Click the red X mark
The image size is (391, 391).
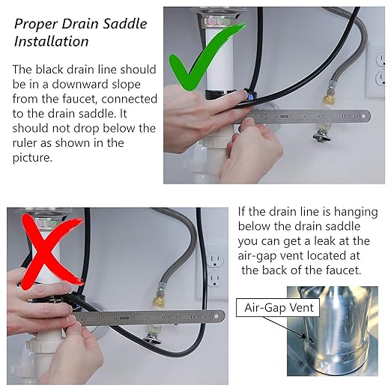[x=50, y=252]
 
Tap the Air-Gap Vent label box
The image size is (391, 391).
[x=278, y=307]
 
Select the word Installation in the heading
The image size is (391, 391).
[x=51, y=41]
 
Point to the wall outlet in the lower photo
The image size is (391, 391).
[x=215, y=270]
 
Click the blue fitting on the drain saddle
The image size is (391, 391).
[x=249, y=95]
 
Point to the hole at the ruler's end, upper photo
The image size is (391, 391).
[x=363, y=116]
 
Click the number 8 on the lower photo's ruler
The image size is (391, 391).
[x=148, y=318]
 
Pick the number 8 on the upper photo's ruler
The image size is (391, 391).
[x=305, y=116]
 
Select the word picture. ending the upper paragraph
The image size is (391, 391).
[x=32, y=158]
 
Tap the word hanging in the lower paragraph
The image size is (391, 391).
[x=356, y=212]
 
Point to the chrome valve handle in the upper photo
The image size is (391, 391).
[x=321, y=136]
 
